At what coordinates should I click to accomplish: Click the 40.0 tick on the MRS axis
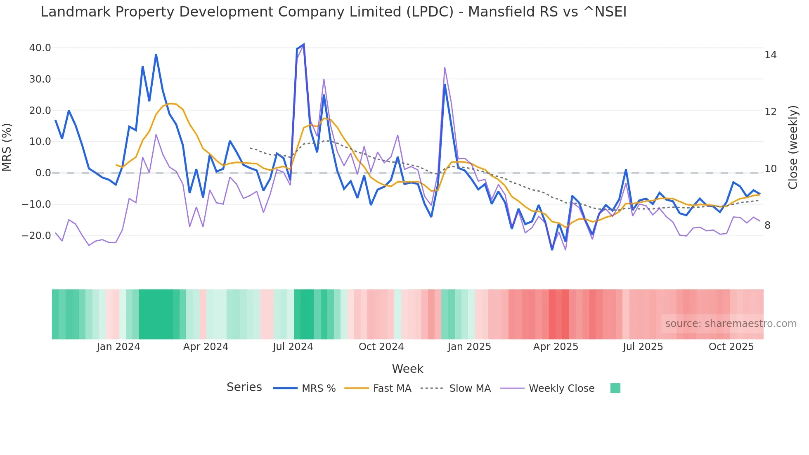pyautogui.click(x=40, y=48)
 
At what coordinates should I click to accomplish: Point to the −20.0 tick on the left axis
pyautogui.click(x=36, y=236)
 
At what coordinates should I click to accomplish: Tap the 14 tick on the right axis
pyautogui.click(x=770, y=55)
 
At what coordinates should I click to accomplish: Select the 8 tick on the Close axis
pyautogui.click(x=767, y=225)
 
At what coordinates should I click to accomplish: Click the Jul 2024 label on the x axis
pyautogui.click(x=293, y=347)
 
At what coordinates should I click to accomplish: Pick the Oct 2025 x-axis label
pyautogui.click(x=731, y=347)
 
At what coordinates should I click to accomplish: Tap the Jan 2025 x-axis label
pyautogui.click(x=469, y=347)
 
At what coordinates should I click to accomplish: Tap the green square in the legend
pyautogui.click(x=615, y=388)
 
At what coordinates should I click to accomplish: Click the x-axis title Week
pyautogui.click(x=407, y=369)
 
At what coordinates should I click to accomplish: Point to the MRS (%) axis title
pyautogui.click(x=7, y=147)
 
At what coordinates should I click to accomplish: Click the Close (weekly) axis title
pyautogui.click(x=793, y=147)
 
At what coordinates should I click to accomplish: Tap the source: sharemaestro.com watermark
pyautogui.click(x=731, y=324)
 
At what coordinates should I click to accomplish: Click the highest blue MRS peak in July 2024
pyautogui.click(x=304, y=44)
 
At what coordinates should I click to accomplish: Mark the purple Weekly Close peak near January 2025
pyautogui.click(x=445, y=67)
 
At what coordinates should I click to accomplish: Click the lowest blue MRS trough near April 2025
pyautogui.click(x=552, y=249)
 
